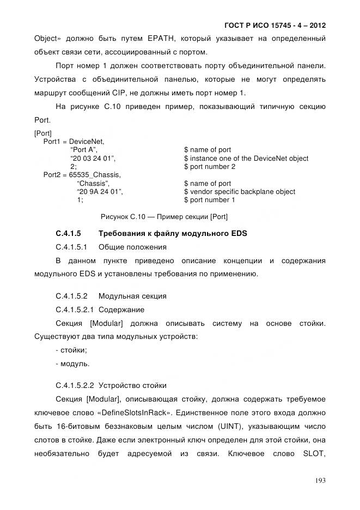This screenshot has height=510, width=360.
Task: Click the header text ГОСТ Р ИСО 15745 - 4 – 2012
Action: (x=274, y=26)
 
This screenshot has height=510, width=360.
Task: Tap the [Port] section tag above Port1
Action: (x=42, y=133)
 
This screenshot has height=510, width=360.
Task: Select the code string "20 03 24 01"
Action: (x=94, y=159)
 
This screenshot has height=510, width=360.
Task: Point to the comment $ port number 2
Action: (x=210, y=167)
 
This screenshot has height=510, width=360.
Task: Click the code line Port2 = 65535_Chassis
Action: (x=82, y=175)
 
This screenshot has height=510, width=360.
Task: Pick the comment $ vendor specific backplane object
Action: (x=240, y=192)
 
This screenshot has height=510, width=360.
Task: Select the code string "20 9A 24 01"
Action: (x=100, y=192)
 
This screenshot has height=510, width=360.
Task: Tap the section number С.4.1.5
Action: (x=69, y=234)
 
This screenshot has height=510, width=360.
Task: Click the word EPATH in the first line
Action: (x=161, y=39)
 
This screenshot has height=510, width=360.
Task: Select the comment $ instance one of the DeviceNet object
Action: (x=246, y=159)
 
